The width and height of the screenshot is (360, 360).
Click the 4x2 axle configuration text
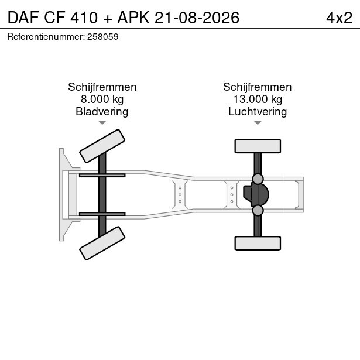(339, 18)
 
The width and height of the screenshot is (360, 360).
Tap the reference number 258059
(102, 37)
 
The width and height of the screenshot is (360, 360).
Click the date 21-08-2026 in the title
(197, 18)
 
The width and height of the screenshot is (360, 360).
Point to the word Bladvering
(102, 112)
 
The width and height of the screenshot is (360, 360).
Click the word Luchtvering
(258, 112)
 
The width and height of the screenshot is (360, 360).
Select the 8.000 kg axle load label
(102, 100)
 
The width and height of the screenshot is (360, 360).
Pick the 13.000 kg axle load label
(258, 100)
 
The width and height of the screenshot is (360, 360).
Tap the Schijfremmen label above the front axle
(102, 87)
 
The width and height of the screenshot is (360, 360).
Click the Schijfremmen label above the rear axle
(258, 87)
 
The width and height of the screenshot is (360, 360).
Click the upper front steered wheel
(102, 146)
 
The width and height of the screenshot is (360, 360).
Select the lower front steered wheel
(102, 244)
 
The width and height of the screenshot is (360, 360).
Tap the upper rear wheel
(258, 146)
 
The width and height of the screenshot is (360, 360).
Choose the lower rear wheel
(258, 243)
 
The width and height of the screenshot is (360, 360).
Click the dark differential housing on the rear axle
(256, 194)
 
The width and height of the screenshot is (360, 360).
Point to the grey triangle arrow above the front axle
(102, 123)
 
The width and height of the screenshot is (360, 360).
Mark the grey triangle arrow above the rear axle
(258, 123)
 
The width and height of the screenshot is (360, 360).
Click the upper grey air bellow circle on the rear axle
(258, 179)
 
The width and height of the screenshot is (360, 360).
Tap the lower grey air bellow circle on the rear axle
(258, 210)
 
